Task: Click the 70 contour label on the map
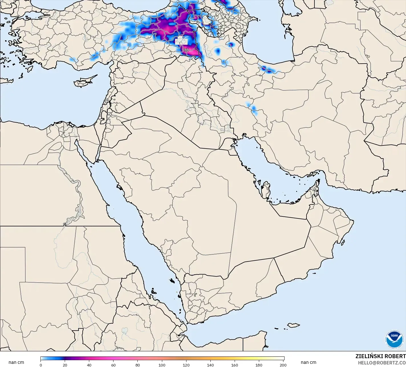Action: (186, 50)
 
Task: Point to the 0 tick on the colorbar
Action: (41, 365)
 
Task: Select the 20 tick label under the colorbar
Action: (65, 365)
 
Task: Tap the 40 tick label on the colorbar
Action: (89, 365)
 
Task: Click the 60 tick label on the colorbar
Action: (113, 365)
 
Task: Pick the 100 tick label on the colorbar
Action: (162, 365)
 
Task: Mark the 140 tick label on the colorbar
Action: (210, 365)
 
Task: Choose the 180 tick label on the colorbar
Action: (259, 365)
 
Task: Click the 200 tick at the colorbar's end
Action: (283, 365)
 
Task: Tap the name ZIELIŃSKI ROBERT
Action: (380, 356)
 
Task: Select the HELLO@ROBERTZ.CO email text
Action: (382, 363)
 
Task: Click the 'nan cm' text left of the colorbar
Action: (16, 362)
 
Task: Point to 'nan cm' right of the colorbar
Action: (308, 362)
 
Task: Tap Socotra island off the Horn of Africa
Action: (293, 325)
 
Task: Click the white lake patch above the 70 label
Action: (179, 40)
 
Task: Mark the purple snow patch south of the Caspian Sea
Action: (265, 68)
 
